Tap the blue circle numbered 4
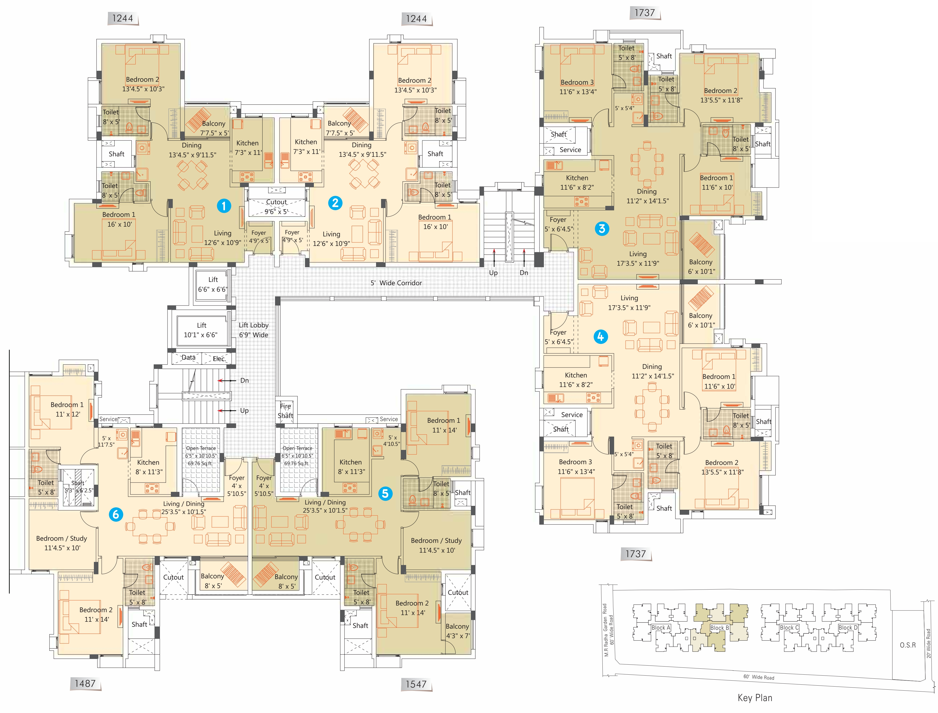click(600, 336)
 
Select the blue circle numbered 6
click(116, 514)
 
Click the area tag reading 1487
click(85, 683)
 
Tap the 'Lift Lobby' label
click(253, 325)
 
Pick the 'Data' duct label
click(189, 357)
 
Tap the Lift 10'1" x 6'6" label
click(201, 330)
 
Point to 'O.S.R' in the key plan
click(908, 645)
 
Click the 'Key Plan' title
click(755, 698)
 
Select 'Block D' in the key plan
click(848, 628)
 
